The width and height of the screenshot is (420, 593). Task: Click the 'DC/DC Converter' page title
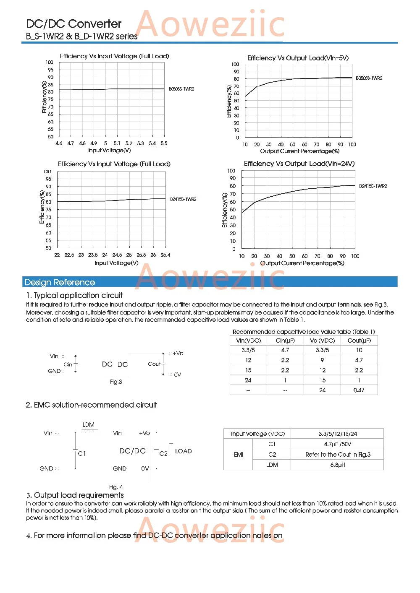pos(73,24)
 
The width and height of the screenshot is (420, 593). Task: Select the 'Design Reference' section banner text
pos(60,282)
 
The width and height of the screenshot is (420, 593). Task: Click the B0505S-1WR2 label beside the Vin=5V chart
pos(369,78)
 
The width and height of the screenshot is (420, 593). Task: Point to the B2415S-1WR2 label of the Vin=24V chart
pos(373,186)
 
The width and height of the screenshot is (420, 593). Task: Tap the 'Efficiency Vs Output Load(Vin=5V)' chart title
pos(298,58)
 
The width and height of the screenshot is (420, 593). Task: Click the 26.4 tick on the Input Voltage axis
pos(165,255)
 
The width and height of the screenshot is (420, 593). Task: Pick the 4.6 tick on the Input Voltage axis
pos(59,143)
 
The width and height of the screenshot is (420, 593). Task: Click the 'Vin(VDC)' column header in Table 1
pos(248,341)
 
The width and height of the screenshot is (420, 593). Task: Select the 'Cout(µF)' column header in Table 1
pos(359,341)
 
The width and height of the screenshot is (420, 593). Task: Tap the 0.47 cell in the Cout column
pos(359,390)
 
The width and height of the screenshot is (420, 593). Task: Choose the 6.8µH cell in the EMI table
pos(338,465)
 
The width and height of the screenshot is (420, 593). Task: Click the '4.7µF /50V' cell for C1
pos(337,444)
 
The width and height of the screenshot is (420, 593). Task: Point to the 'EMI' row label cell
pos(239,455)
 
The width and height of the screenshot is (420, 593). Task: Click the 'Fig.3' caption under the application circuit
pos(116,382)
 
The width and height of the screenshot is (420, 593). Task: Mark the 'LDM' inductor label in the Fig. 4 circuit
pos(88,425)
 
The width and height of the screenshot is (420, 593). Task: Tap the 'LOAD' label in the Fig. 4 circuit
pos(184,451)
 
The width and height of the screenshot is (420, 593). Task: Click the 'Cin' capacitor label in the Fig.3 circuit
pos(68,364)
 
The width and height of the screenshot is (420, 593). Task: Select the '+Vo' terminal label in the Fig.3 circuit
pos(178,353)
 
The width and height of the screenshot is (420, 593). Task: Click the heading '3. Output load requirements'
pos(75,495)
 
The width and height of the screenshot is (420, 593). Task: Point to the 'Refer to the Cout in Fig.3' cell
pos(338,455)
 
